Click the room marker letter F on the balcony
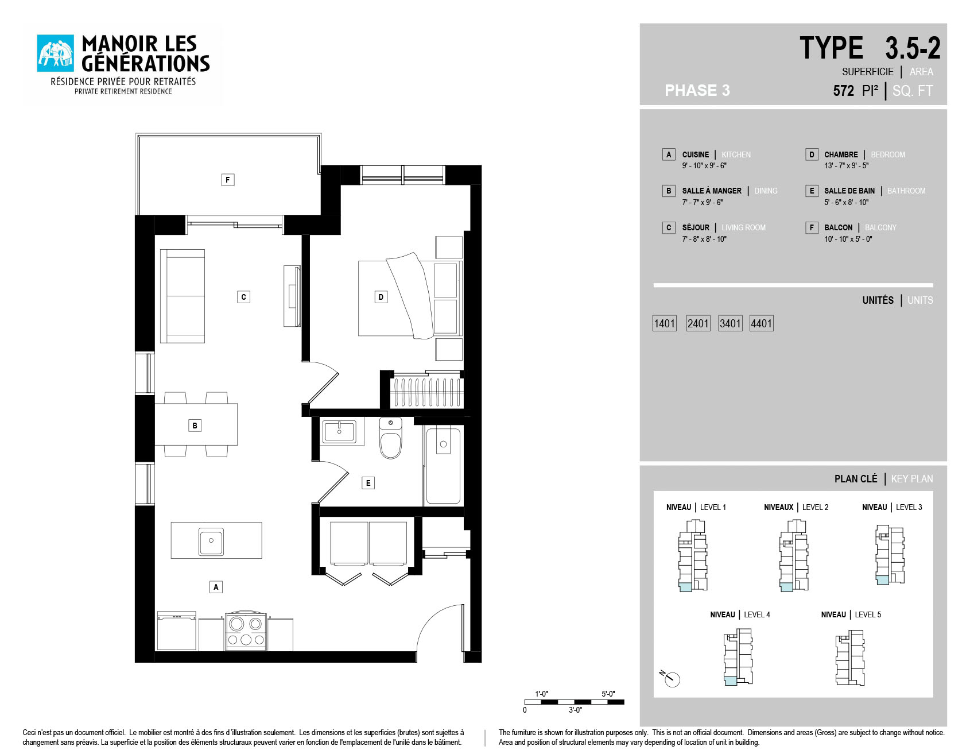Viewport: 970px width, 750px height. [228, 180]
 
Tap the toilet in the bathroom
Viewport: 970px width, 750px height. [391, 438]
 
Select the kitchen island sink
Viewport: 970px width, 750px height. [211, 541]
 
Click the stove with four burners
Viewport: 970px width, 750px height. [246, 631]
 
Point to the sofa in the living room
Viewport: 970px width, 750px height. [183, 296]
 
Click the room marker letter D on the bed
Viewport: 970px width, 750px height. [381, 297]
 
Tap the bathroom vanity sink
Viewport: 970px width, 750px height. [339, 431]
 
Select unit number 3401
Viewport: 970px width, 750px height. [730, 323]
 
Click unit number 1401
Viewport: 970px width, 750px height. [665, 323]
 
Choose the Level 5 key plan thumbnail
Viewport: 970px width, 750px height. [850, 658]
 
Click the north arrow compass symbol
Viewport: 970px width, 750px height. [670, 678]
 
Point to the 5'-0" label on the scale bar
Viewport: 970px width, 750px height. [608, 694]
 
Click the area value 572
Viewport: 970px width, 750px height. [844, 91]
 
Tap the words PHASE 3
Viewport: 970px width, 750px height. [697, 90]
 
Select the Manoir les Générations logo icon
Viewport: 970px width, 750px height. [56, 53]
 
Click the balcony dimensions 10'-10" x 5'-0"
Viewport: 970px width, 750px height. [848, 239]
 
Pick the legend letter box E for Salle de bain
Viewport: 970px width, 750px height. [812, 191]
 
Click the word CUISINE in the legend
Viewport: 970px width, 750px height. [696, 154]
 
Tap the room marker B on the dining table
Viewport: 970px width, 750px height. [195, 426]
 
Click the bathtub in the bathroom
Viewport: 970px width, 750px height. [443, 466]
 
